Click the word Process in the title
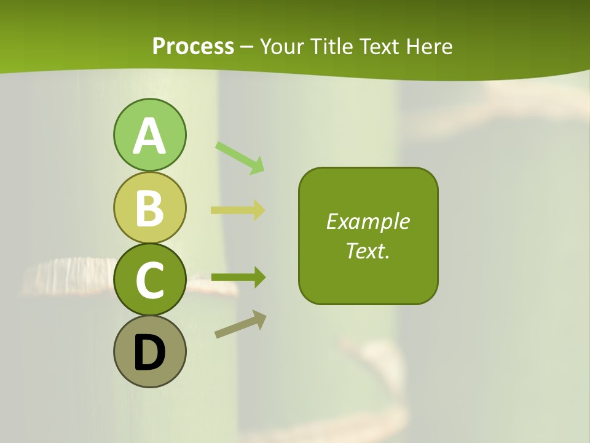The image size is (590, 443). click(x=193, y=47)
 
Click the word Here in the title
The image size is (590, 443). click(x=433, y=47)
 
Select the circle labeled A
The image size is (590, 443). click(x=149, y=135)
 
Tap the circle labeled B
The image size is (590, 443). click(x=149, y=207)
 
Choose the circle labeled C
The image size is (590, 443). click(x=149, y=279)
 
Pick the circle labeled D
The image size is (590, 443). click(x=149, y=351)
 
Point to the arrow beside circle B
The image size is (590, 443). click(x=238, y=210)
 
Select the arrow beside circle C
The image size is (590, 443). click(x=238, y=277)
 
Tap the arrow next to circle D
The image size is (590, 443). click(x=240, y=324)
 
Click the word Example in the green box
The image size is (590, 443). click(x=368, y=221)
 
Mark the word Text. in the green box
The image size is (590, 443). click(x=368, y=250)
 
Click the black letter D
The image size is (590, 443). click(x=149, y=353)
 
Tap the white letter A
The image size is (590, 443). click(x=149, y=137)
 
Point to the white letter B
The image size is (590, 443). click(x=149, y=208)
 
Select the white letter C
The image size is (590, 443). click(x=149, y=280)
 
